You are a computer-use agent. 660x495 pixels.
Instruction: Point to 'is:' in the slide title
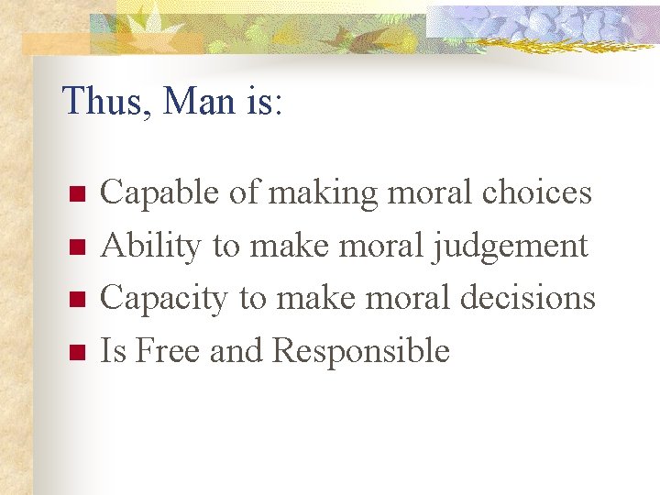point(265,102)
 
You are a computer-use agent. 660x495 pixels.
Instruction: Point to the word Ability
point(150,246)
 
